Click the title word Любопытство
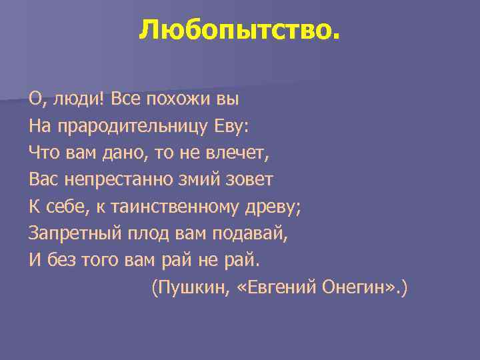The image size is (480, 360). pos(239,29)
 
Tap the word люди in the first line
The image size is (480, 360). pos(68,99)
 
